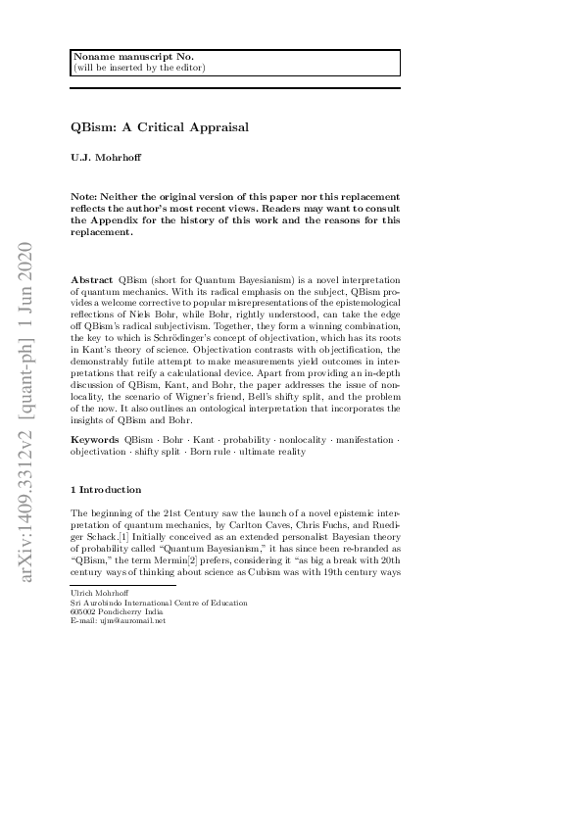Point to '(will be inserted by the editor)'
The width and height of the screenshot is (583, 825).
pos(139,68)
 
